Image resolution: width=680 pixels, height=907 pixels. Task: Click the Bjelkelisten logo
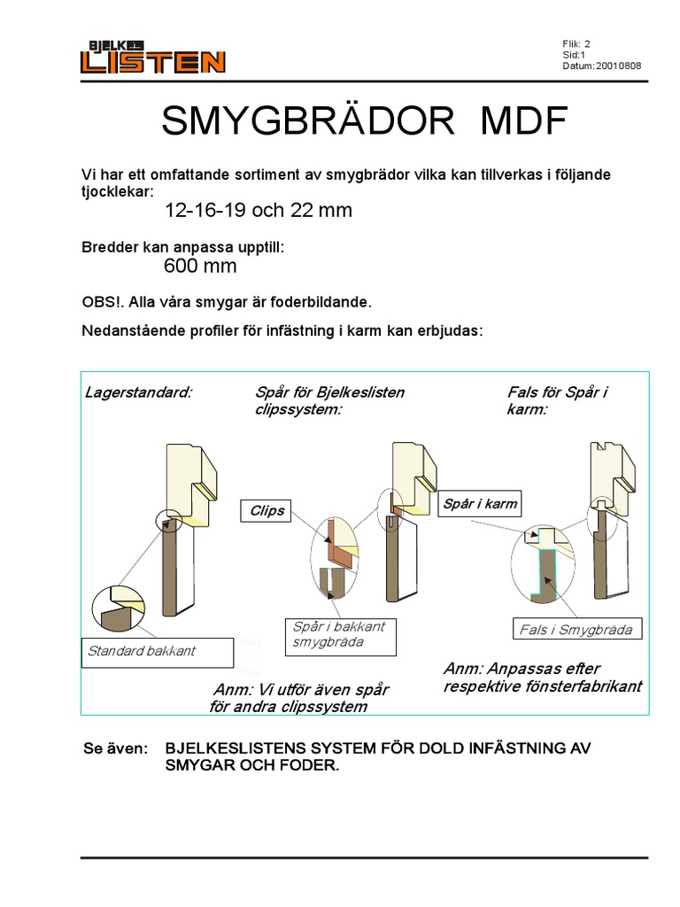point(153,57)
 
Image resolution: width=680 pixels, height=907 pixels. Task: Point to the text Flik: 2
point(576,43)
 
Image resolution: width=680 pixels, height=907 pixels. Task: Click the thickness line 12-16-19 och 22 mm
point(259,211)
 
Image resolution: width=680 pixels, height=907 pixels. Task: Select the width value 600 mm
point(200,267)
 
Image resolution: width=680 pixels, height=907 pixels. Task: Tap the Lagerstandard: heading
point(138,391)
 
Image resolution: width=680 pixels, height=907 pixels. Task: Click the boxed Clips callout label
point(267,511)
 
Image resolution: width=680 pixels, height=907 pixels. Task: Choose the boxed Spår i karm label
point(478,504)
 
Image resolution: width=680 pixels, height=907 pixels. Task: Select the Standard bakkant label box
point(156,651)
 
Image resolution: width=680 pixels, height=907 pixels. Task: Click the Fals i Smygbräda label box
point(577,630)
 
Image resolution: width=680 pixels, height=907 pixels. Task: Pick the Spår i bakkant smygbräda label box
point(339,634)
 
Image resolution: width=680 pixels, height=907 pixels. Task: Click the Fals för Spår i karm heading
point(558,400)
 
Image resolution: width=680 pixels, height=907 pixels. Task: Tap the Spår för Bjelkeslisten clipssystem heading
point(328,400)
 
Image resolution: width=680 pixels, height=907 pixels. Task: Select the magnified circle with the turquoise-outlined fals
point(544,566)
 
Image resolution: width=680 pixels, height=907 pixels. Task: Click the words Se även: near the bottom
point(115,748)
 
